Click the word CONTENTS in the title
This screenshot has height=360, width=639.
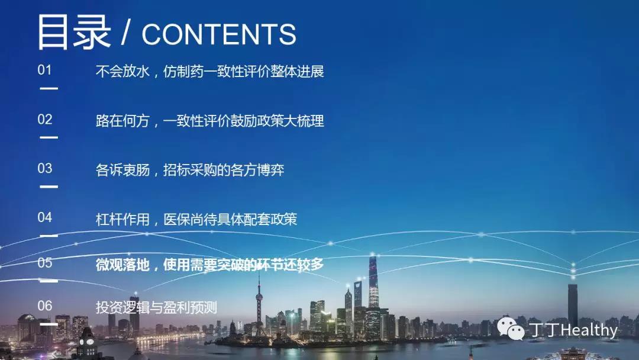219,34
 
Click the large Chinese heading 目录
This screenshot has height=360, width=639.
74,32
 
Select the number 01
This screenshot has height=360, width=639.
45,70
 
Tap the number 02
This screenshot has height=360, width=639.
45,120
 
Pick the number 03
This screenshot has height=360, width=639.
45,168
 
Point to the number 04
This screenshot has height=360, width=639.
45,217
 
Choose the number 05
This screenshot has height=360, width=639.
45,262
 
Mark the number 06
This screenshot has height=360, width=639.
45,306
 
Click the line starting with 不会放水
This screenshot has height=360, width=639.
210,71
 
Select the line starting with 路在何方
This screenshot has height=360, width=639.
210,121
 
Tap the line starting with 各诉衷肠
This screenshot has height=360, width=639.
190,170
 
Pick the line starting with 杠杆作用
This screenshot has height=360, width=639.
196,219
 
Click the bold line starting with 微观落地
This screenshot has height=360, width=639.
210,265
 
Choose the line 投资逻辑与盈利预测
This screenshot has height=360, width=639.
156,307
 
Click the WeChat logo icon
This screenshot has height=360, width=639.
511,328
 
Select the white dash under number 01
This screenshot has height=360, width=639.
49,88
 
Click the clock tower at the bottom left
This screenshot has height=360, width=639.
87,342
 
